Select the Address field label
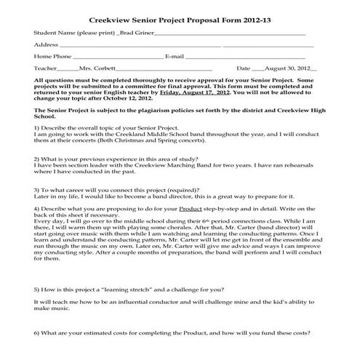(46, 45)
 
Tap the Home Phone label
(52, 56)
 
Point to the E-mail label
(175, 56)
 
